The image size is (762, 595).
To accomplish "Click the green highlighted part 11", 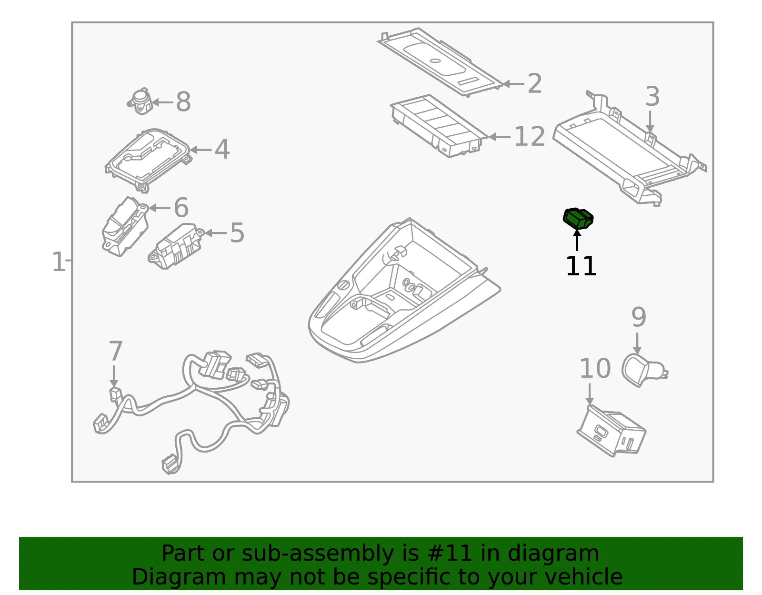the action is [578, 219].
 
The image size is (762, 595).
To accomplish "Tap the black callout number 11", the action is [581, 266].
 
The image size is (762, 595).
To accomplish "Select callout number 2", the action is [534, 84].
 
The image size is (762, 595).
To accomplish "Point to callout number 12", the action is [530, 136].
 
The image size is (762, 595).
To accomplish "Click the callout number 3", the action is [652, 96].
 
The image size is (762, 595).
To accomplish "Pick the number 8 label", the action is [183, 102].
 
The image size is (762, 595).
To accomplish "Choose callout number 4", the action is [222, 150].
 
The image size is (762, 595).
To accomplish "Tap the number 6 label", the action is [181, 207].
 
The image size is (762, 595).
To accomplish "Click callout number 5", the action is [237, 233].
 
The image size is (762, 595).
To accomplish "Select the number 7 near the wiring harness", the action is [116, 351].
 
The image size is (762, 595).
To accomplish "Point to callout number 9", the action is [639, 317].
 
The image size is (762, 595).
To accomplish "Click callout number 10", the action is [595, 369].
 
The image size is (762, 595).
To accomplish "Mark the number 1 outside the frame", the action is [58, 262].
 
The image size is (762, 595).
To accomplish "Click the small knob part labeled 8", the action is [140, 101].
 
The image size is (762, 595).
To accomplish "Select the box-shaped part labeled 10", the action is [611, 431].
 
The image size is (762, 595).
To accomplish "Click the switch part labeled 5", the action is [176, 246].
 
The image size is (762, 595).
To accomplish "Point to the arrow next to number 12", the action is [500, 137].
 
